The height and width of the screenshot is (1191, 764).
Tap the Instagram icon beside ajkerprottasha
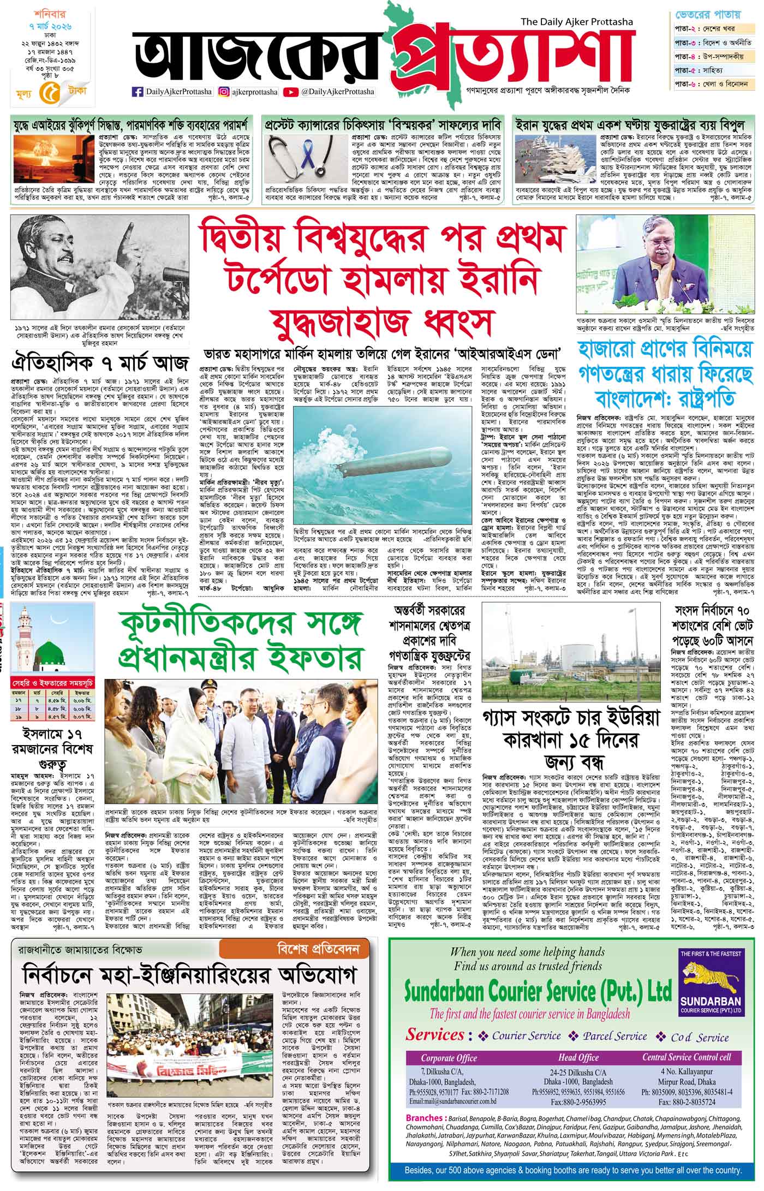coord(223,92)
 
